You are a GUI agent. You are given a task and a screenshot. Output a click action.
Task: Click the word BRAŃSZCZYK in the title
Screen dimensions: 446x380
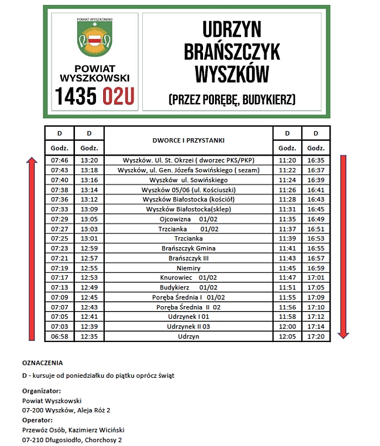(232, 51)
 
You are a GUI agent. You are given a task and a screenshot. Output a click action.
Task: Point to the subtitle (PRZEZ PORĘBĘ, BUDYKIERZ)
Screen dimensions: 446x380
(232, 99)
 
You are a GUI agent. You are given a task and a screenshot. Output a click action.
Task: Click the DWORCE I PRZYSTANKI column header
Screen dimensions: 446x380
(188, 140)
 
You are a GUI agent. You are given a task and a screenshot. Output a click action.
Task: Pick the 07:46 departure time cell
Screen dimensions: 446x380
(59, 160)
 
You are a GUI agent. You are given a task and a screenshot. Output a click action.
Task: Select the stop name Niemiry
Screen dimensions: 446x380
(188, 268)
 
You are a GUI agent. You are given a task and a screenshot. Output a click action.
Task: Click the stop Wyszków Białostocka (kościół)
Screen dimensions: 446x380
(188, 199)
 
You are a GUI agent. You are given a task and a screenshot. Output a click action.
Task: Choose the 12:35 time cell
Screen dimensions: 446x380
(89, 336)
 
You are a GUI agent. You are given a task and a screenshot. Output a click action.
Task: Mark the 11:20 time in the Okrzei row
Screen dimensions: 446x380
(286, 160)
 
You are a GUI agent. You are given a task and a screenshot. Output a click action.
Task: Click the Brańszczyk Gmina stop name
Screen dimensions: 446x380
(188, 248)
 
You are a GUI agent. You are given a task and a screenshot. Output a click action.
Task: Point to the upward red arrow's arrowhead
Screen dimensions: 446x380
(32, 161)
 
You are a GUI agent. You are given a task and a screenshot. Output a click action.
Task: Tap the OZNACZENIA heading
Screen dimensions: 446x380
(42, 363)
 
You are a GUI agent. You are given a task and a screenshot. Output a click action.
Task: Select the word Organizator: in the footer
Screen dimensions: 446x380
(41, 391)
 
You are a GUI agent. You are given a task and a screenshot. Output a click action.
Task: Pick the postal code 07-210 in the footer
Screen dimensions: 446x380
(33, 439)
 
